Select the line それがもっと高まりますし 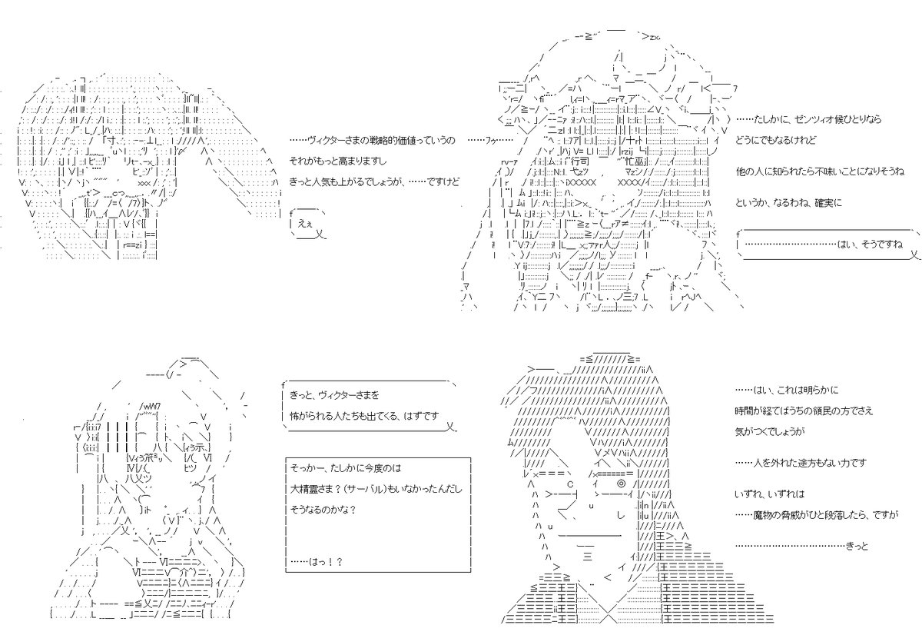(338, 161)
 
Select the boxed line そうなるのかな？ (323, 510)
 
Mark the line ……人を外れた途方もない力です (800, 462)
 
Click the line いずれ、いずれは (768, 493)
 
